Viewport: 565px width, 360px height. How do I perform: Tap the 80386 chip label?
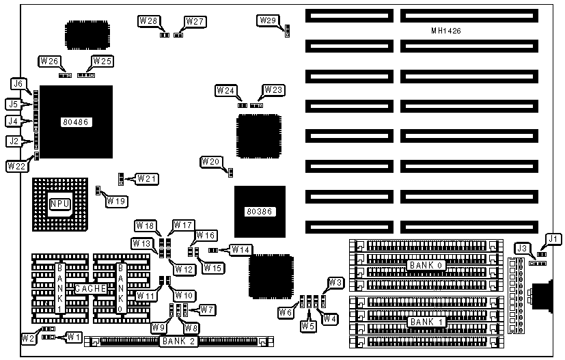click(259, 212)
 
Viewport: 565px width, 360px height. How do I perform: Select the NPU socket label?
click(59, 204)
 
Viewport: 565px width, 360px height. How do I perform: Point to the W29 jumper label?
click(267, 20)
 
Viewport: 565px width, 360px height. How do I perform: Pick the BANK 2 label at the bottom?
click(178, 340)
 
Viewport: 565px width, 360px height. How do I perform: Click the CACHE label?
click(90, 289)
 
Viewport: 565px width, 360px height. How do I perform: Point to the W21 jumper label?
click(147, 179)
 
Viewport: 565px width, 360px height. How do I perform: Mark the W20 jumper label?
click(210, 162)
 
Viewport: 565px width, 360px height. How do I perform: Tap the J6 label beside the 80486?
click(18, 84)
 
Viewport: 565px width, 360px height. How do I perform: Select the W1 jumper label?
click(73, 337)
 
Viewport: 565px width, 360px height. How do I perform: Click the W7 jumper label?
click(207, 310)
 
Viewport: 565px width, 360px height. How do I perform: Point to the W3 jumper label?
click(335, 283)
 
